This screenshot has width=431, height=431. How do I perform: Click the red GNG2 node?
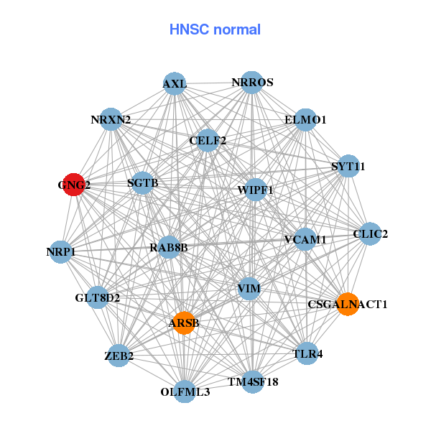74,185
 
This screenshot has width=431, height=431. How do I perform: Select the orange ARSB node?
184,323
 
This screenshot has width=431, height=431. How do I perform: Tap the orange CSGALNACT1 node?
347,304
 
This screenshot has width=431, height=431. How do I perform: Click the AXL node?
175,84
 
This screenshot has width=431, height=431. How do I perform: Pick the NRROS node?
251,83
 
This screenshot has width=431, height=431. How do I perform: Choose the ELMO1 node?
305,120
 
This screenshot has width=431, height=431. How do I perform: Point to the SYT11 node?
348,166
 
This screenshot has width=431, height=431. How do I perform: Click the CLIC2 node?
370,233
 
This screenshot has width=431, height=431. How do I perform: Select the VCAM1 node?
305,239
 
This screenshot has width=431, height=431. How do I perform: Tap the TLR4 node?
307,353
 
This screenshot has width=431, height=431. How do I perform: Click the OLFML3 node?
185,391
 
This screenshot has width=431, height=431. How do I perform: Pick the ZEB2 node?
119,356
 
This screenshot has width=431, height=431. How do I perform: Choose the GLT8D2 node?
98,297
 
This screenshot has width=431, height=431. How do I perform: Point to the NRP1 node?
61,251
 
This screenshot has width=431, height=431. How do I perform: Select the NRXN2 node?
111,119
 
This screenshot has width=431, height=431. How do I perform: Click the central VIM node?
249,289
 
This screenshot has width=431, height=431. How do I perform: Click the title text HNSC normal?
215,29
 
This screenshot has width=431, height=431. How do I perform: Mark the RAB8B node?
169,248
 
